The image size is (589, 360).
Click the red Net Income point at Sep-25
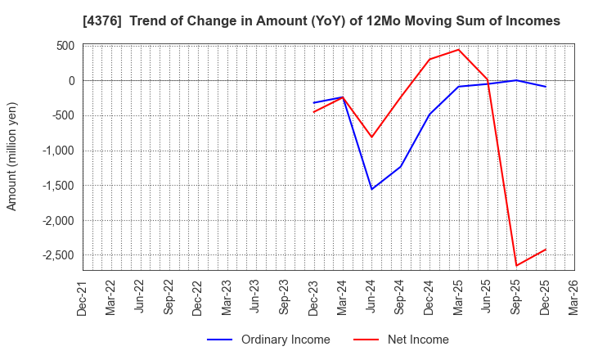coord(516,265)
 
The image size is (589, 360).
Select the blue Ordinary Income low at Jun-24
coord(371,189)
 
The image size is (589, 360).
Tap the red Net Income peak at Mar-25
coord(458,49)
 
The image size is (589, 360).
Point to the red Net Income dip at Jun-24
coord(371,137)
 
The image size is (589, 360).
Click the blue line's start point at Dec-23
coord(313,103)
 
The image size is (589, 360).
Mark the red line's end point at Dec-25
coord(546,250)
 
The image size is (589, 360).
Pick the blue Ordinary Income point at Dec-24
coord(429,114)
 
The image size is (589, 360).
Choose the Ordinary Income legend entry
coord(269,340)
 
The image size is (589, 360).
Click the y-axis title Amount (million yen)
coord(11,156)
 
